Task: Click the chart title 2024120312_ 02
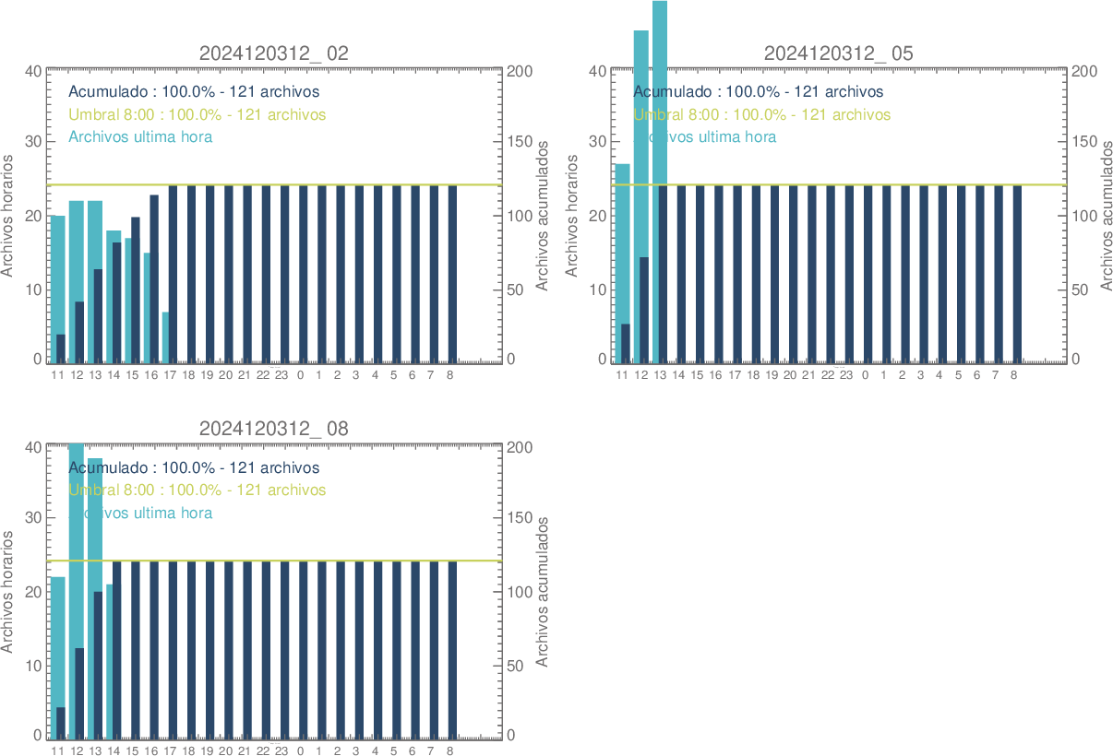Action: (274, 53)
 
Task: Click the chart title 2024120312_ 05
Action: (838, 53)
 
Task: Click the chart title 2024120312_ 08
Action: (274, 429)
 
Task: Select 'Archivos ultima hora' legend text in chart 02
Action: (140, 137)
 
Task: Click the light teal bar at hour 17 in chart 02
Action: (165, 337)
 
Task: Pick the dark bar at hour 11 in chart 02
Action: (61, 348)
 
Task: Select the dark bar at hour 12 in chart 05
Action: (643, 309)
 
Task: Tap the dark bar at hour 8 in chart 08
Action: (452, 649)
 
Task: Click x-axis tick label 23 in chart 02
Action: (281, 376)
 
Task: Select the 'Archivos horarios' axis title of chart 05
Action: (571, 215)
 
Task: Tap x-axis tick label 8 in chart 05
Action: (1013, 376)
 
